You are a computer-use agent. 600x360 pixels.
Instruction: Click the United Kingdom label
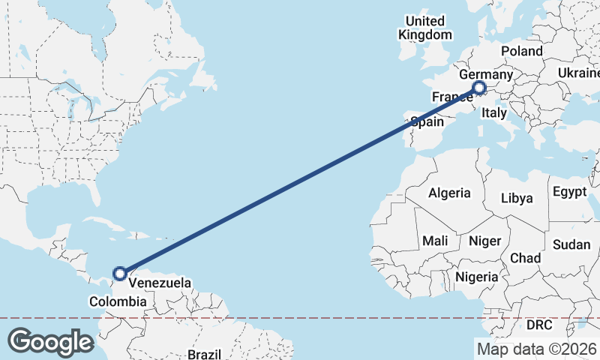(x=425, y=28)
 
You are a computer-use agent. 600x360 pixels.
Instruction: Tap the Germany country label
(x=485, y=75)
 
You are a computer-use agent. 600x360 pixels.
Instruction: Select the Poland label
(x=522, y=51)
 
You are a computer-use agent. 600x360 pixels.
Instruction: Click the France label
(x=451, y=97)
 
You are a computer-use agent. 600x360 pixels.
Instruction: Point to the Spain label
(x=427, y=121)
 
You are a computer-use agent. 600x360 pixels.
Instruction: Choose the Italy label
(x=494, y=113)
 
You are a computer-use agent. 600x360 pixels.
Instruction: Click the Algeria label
(x=450, y=193)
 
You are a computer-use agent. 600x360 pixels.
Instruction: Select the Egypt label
(x=570, y=192)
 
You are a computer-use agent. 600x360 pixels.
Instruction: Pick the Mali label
(x=435, y=241)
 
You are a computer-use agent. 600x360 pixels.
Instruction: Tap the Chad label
(x=525, y=257)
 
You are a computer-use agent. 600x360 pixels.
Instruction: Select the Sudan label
(x=571, y=244)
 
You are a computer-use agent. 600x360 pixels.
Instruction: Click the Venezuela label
(x=160, y=283)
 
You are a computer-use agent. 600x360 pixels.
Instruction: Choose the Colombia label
(x=118, y=301)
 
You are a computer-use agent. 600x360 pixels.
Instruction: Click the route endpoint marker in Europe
(x=480, y=90)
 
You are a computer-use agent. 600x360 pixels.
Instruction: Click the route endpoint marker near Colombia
(x=119, y=274)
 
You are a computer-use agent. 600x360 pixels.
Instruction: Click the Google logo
(x=50, y=341)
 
